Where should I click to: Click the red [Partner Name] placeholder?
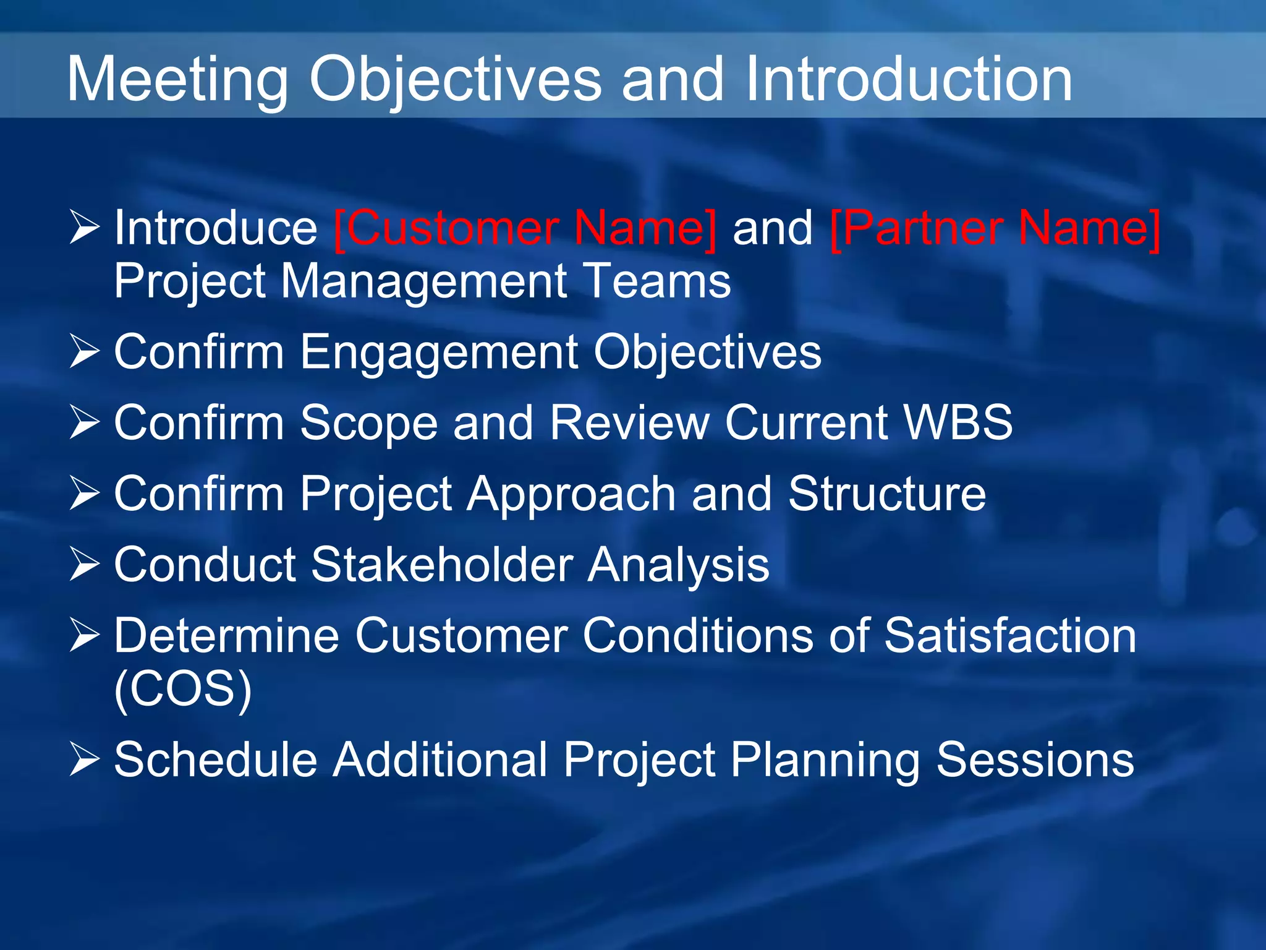tap(995, 229)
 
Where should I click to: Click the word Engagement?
tap(439, 353)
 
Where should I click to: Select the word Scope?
tap(369, 424)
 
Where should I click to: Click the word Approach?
tap(571, 495)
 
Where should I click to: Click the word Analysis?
tap(678, 566)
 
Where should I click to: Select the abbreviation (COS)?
tap(183, 689)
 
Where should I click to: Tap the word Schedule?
tap(216, 760)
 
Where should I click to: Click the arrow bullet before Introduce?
tap(84, 228)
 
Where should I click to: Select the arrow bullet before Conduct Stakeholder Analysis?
tap(84, 564)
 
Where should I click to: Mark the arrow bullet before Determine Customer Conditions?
tap(84, 635)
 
